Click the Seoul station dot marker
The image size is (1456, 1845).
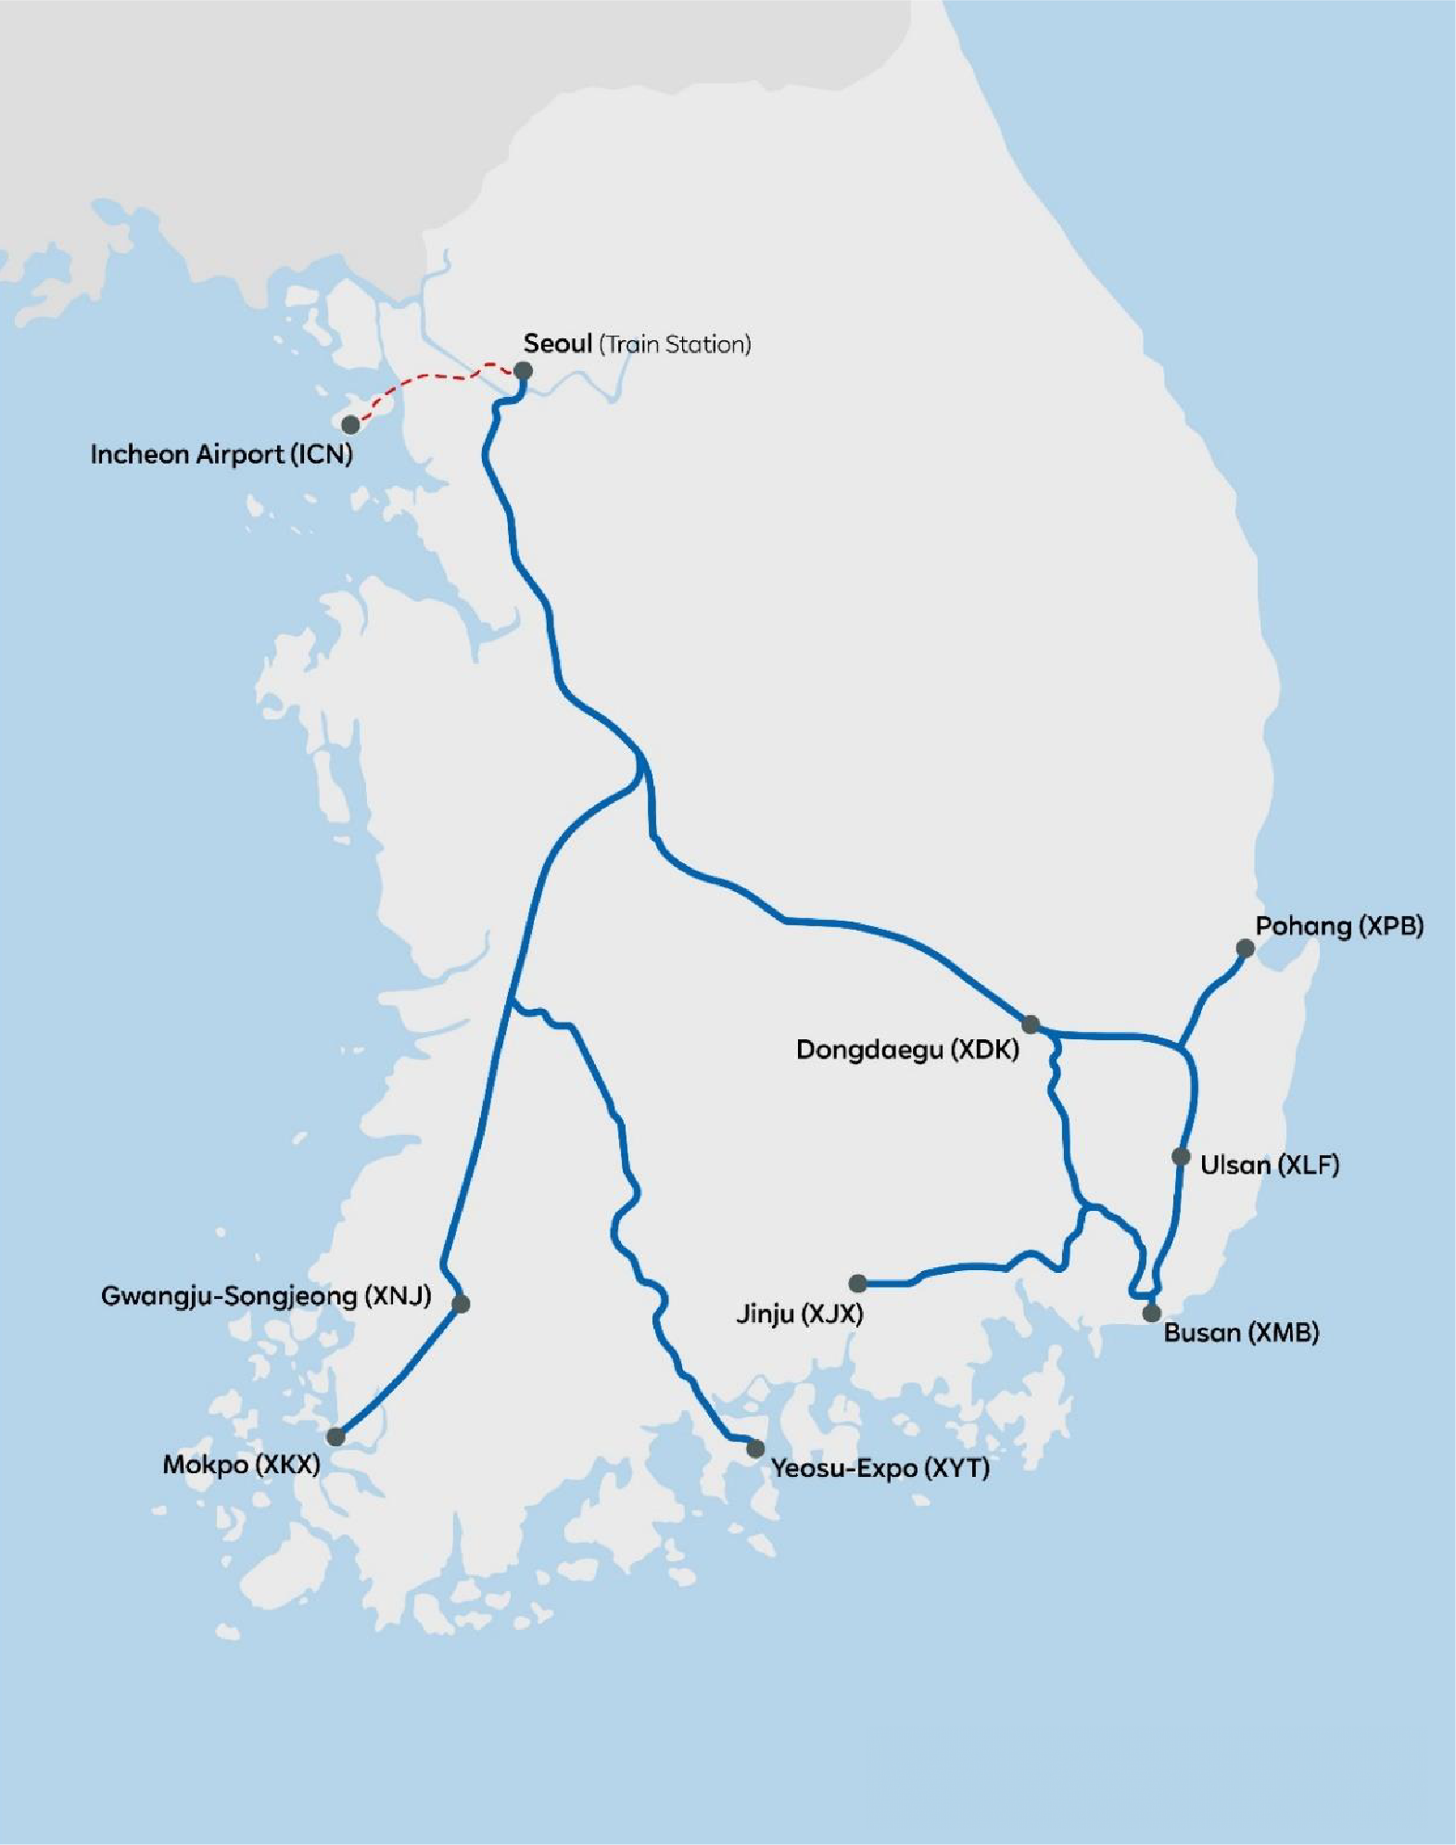tap(523, 371)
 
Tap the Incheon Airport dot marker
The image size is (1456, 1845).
tap(350, 425)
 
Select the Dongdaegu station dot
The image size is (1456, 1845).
tap(1031, 1024)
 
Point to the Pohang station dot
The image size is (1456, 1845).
tap(1245, 948)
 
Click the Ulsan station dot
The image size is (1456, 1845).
tap(1180, 1157)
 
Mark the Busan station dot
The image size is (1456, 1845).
tap(1151, 1313)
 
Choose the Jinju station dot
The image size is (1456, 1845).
tap(857, 1283)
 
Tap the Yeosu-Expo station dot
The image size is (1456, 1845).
tap(755, 1448)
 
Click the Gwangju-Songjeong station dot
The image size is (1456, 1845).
tap(461, 1304)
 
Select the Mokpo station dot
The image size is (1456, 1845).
tap(336, 1436)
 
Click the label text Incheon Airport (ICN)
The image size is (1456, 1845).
tap(222, 454)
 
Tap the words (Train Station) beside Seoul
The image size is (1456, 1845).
tap(675, 345)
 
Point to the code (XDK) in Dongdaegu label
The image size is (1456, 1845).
tap(987, 1050)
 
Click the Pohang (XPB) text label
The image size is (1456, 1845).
tap(1338, 925)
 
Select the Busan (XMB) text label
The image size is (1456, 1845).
tap(1241, 1333)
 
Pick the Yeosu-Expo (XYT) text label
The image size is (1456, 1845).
tap(880, 1469)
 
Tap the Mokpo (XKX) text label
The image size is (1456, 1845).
tap(241, 1465)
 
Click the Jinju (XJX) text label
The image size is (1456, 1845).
tap(799, 1314)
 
